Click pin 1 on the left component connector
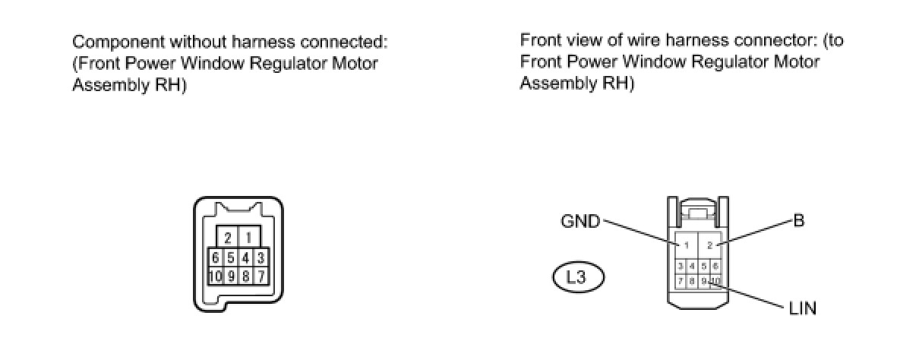click(248, 237)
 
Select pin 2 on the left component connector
click(228, 237)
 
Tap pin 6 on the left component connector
click(216, 257)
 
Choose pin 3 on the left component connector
click(261, 257)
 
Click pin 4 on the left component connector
click(246, 257)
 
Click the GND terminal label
click(580, 222)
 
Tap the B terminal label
click(798, 221)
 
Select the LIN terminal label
click(801, 308)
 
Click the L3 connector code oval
click(577, 276)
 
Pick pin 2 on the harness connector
click(709, 245)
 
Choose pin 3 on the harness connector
click(681, 266)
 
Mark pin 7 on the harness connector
click(681, 281)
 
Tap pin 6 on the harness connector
click(715, 266)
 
